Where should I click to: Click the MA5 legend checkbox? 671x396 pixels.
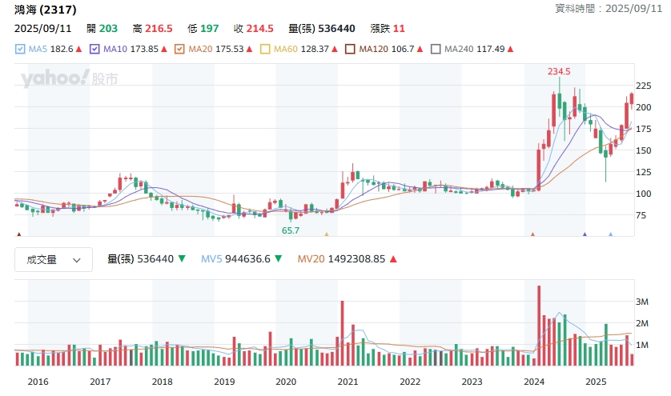20,49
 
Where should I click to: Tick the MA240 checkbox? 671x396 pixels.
436,49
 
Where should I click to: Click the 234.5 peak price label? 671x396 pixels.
560,71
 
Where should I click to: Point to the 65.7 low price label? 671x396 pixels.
290,230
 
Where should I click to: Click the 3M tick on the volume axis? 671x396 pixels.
641,302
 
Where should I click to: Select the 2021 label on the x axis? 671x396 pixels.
348,382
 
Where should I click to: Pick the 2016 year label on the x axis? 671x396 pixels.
38,382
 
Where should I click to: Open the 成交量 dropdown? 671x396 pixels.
54,259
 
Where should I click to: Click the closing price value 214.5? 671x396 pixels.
259,28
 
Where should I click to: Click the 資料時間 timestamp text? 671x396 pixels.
605,8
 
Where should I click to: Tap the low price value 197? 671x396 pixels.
209,28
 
